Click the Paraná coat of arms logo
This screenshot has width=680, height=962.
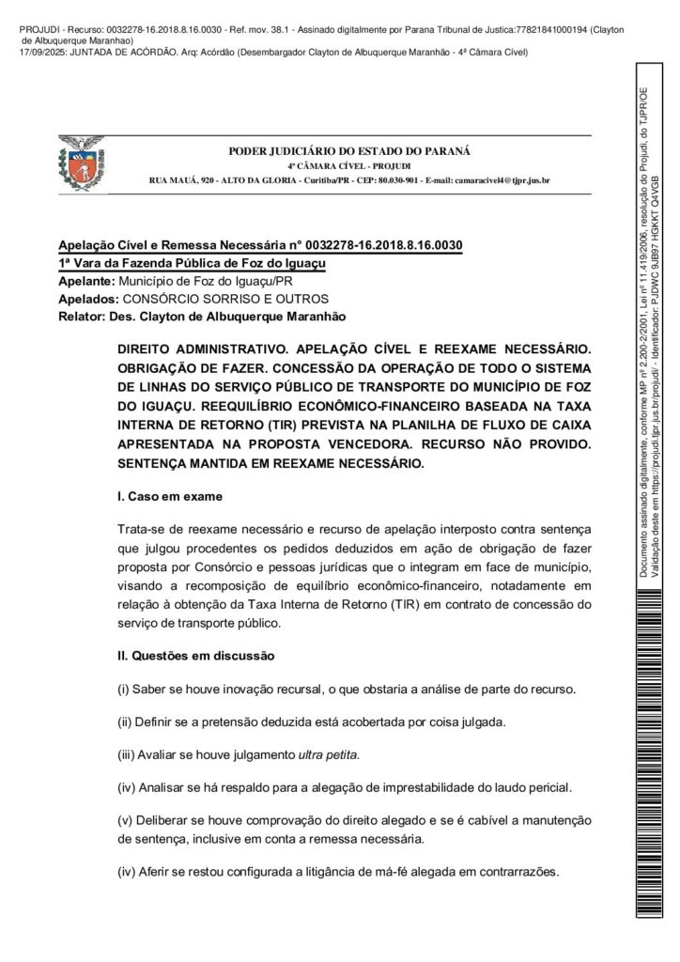point(85,160)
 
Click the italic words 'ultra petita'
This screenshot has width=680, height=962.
point(329,754)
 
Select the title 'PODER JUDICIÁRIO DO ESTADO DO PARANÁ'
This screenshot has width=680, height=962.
point(350,151)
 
